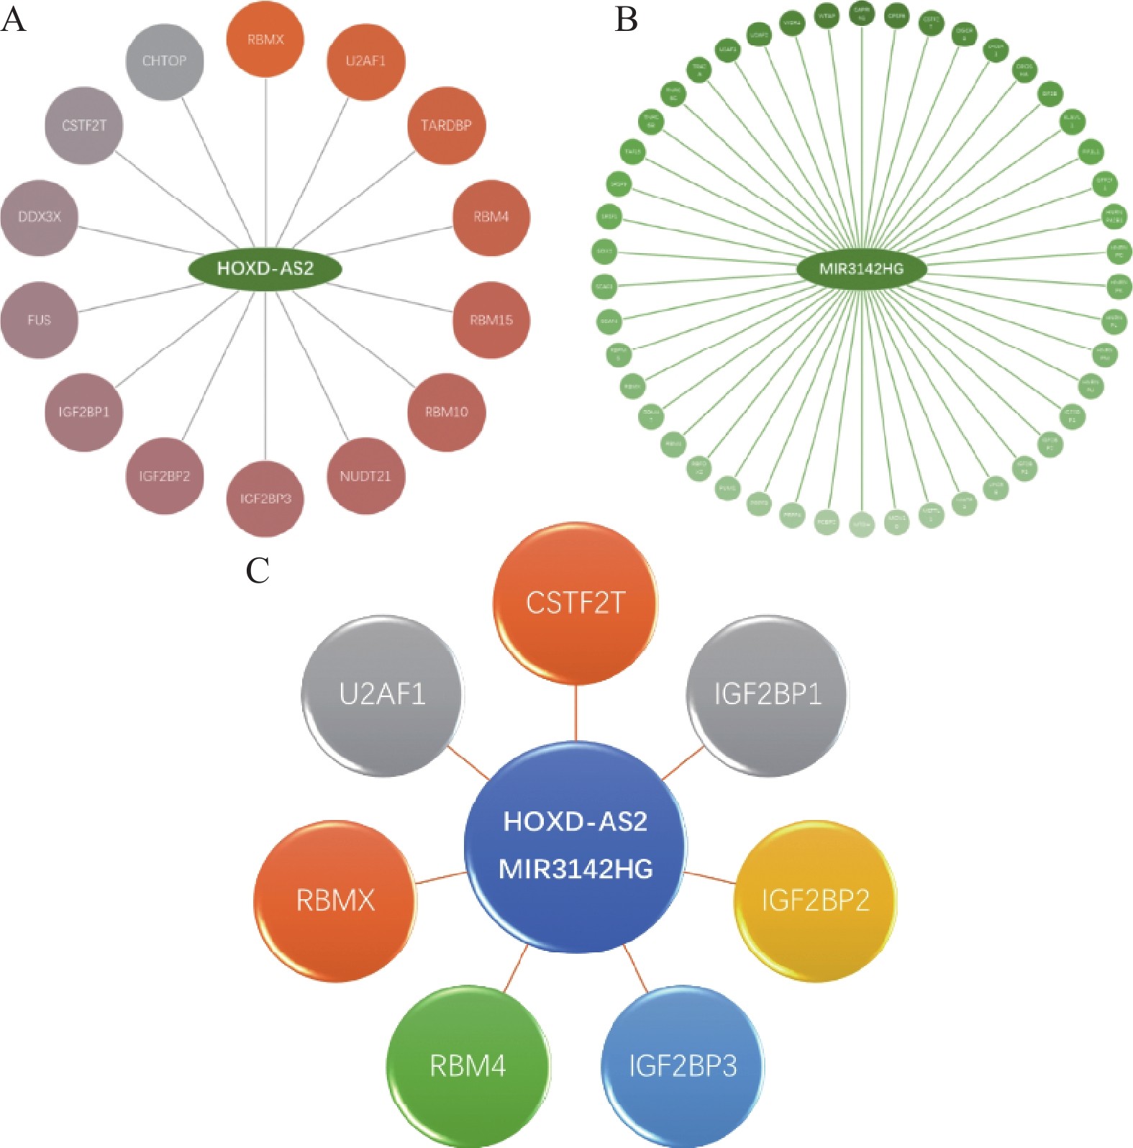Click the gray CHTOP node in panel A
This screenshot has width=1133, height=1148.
164,61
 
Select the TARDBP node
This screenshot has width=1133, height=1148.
446,126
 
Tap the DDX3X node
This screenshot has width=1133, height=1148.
40,217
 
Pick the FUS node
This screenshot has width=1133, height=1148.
40,320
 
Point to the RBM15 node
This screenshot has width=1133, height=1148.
491,320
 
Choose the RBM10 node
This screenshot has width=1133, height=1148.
446,412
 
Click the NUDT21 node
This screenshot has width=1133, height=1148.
365,476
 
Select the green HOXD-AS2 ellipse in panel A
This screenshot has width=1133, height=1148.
265,269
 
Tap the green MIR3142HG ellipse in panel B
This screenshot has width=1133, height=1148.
861,269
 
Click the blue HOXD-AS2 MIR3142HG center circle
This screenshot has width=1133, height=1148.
575,845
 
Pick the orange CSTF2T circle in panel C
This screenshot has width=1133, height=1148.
575,603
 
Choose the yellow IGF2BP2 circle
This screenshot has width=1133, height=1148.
815,901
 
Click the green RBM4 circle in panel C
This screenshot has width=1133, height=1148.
468,1066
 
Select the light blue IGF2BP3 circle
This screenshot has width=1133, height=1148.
682,1066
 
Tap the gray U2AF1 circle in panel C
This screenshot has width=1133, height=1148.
382,695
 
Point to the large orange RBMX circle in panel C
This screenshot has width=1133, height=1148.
335,901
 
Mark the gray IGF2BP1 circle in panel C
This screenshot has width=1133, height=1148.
768,695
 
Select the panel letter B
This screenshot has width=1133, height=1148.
626,19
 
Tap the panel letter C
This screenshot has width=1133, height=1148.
257,570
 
